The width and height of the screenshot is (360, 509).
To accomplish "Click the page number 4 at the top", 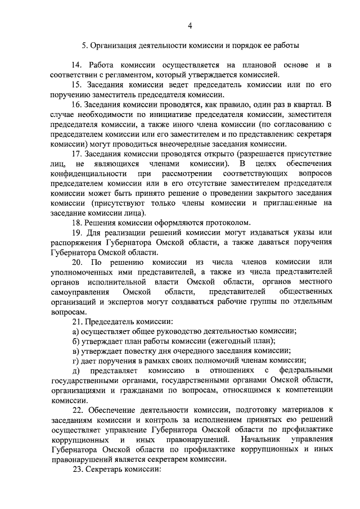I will point(190,25).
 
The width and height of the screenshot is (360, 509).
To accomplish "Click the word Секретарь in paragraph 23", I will point(106,469).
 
